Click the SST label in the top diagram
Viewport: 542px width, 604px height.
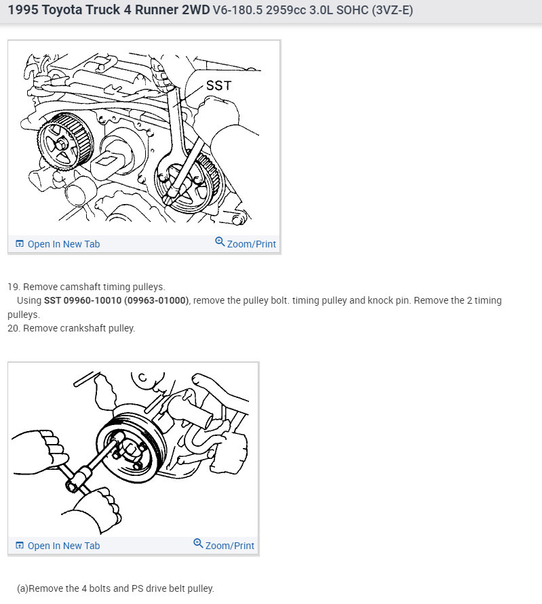point(218,85)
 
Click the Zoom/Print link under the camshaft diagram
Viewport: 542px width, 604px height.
point(252,244)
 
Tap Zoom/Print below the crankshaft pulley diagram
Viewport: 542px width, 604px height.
point(230,546)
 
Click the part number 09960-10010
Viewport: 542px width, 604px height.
point(92,300)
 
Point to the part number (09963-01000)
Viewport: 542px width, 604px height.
point(157,300)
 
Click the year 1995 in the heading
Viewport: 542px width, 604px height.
point(23,9)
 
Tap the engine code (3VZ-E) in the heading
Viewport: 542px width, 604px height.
point(393,9)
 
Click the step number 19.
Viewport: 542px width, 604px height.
point(14,287)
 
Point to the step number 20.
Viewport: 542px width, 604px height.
point(14,328)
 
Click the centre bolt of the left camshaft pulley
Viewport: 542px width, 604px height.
point(61,145)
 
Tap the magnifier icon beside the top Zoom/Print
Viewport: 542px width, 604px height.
point(220,241)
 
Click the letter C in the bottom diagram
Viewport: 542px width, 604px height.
point(142,378)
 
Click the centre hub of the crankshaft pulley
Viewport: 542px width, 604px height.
point(130,449)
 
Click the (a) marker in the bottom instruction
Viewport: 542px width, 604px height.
point(22,588)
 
